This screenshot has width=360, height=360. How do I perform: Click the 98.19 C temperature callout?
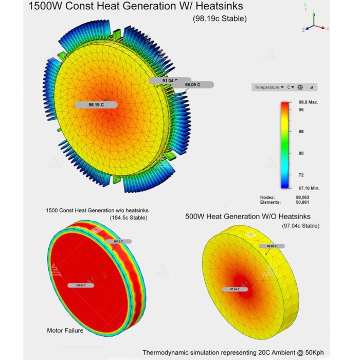pos(96,104)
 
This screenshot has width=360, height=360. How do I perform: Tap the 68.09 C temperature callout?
pos(192,84)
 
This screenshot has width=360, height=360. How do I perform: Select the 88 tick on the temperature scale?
pos(300,131)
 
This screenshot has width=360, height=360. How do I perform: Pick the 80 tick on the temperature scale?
pos(300,153)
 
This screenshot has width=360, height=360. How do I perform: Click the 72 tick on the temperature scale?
pos(300,175)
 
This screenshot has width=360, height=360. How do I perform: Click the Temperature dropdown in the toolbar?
pos(269,87)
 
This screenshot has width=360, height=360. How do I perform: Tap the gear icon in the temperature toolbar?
pos(300,87)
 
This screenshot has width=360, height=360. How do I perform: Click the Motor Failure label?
pos(65,330)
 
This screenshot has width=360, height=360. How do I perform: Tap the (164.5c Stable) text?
pos(128,218)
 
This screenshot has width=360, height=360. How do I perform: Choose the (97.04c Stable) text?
pos(300,226)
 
